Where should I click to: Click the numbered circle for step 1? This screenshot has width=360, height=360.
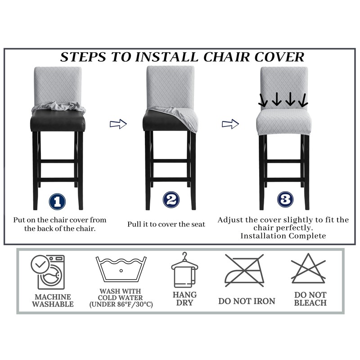(58, 201)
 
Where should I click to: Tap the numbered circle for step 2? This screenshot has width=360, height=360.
(171, 199)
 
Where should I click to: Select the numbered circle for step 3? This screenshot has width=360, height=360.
(285, 199)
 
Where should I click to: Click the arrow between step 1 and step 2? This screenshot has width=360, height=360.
(118, 124)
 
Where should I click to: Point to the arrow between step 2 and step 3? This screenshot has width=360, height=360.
(230, 124)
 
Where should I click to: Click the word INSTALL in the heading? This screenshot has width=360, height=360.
(166, 57)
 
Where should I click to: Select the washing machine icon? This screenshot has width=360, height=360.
(48, 272)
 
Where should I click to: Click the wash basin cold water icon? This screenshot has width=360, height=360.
(121, 269)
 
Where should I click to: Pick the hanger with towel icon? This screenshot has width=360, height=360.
(184, 270)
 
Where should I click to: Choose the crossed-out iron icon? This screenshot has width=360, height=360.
(244, 270)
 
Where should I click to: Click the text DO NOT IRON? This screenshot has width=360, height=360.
(247, 301)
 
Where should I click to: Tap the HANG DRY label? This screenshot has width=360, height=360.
(184, 298)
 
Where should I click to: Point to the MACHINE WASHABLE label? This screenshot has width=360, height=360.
(53, 300)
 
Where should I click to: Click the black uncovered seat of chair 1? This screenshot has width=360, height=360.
(58, 121)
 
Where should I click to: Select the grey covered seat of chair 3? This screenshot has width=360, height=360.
(284, 122)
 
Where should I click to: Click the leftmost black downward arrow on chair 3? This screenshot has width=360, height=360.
(263, 100)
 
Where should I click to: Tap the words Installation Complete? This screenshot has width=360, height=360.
(283, 236)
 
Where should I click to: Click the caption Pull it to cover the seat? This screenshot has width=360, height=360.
(166, 224)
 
